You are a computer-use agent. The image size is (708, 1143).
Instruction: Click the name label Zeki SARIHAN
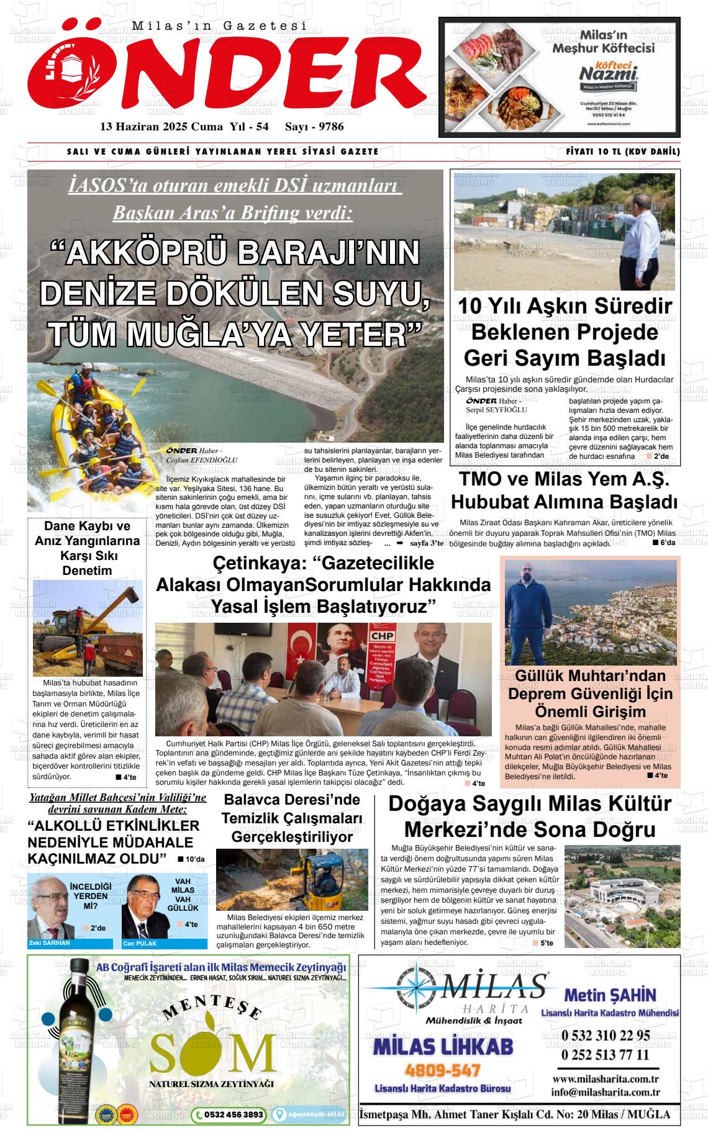click(50, 942)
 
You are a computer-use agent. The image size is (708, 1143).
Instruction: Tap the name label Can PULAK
click(140, 943)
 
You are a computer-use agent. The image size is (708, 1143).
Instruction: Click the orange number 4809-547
click(443, 1070)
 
